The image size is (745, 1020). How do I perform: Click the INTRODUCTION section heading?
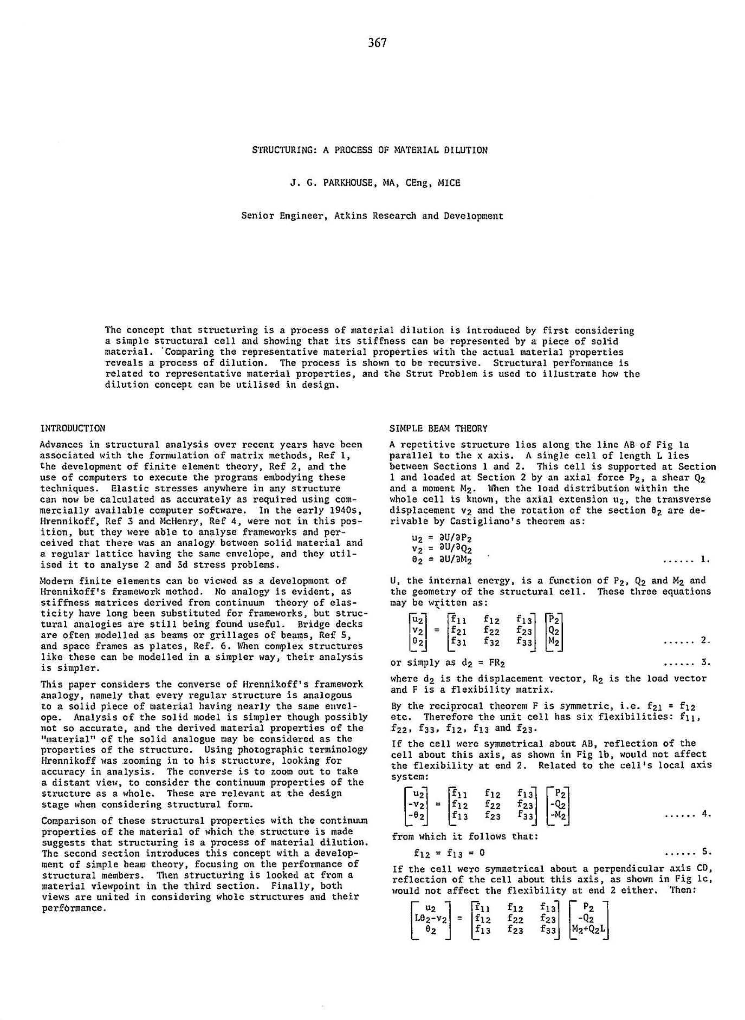click(x=73, y=428)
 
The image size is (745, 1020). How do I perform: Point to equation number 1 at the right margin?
click(x=705, y=559)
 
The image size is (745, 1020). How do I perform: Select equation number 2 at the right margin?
click(x=705, y=641)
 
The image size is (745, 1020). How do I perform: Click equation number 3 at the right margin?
click(x=705, y=662)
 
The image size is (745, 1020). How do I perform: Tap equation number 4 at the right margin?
click(x=705, y=814)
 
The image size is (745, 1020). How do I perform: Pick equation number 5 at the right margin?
click(x=705, y=851)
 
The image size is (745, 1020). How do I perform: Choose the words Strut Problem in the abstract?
click(x=436, y=374)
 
